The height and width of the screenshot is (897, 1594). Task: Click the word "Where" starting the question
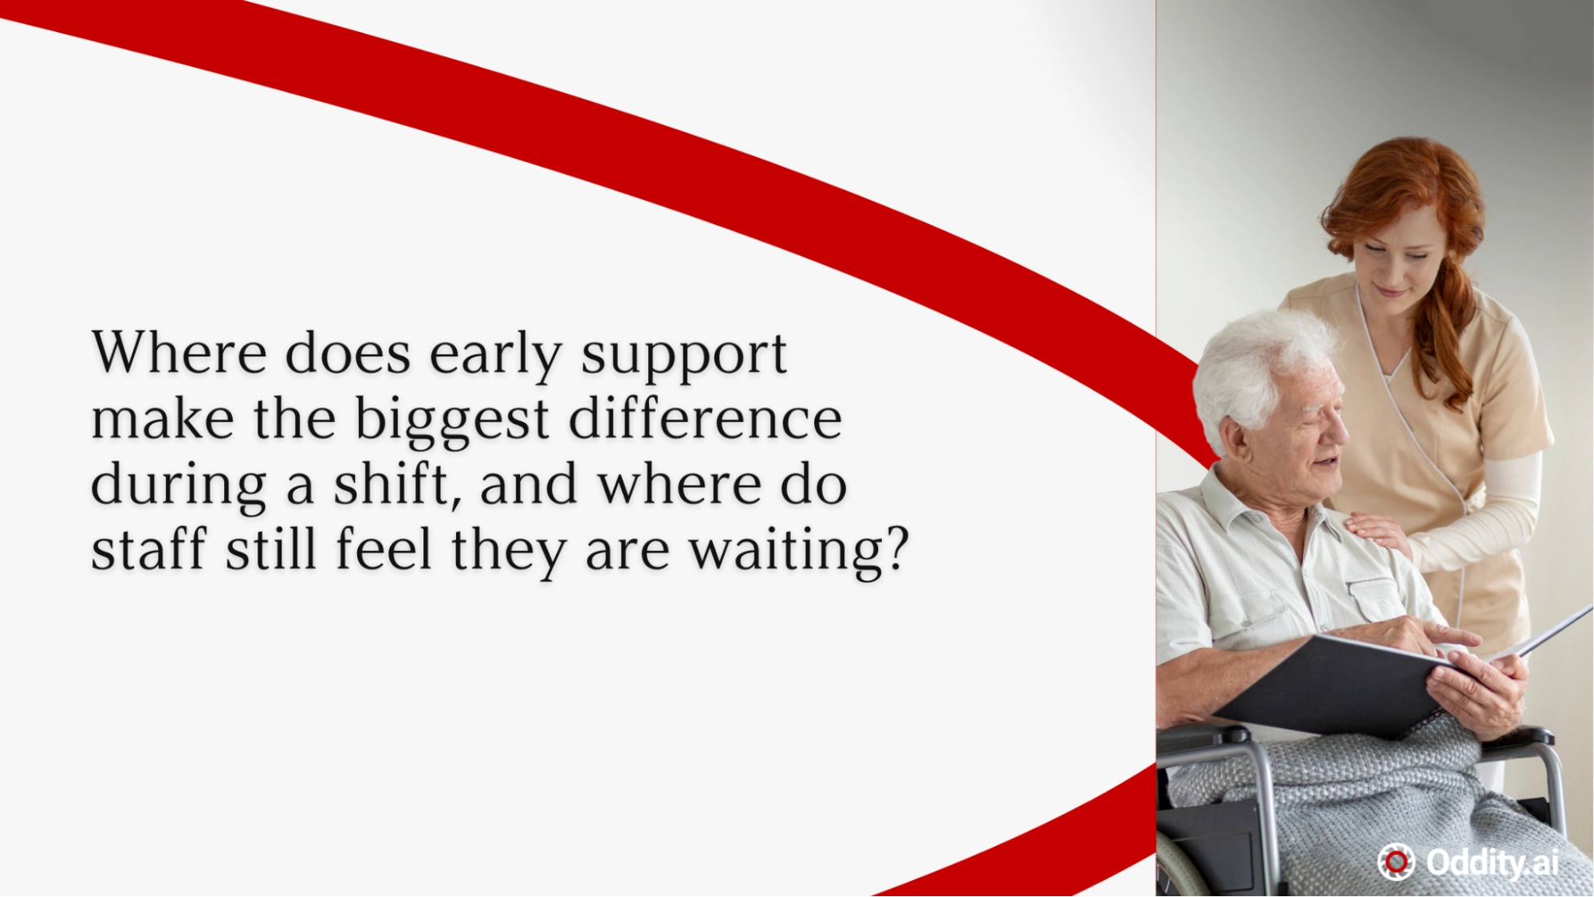(x=179, y=352)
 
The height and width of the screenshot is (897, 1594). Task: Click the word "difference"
(x=705, y=419)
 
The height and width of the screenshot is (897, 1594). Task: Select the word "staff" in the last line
(x=149, y=549)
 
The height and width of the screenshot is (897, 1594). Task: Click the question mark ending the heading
(x=898, y=548)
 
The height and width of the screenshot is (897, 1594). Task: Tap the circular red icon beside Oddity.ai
(x=1396, y=862)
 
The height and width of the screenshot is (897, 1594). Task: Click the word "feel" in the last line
(x=384, y=549)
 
